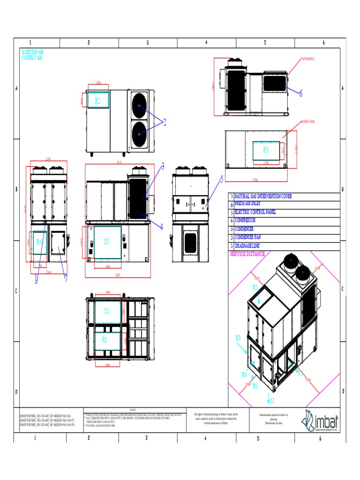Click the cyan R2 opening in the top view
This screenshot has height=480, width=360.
click(x=98, y=100)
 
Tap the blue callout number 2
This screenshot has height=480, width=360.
click(x=164, y=122)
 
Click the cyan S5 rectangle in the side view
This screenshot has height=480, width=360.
click(x=107, y=242)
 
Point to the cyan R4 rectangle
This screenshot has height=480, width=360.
click(x=39, y=242)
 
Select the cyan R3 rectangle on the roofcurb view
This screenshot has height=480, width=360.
click(x=266, y=150)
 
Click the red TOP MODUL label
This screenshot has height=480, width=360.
click(x=307, y=60)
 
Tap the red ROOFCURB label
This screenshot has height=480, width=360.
click(x=307, y=121)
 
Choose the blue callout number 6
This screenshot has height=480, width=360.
click(x=300, y=93)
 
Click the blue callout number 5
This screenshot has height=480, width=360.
click(x=222, y=179)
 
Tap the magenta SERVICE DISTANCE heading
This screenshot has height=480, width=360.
click(x=247, y=254)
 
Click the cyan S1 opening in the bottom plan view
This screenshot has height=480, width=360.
click(x=107, y=311)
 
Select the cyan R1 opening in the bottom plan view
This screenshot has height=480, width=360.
click(x=107, y=340)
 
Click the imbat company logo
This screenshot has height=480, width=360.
click(x=321, y=420)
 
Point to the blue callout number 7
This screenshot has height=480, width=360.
click(x=66, y=278)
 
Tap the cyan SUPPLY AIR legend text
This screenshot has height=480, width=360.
click(x=32, y=58)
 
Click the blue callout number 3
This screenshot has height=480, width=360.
click(x=163, y=166)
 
